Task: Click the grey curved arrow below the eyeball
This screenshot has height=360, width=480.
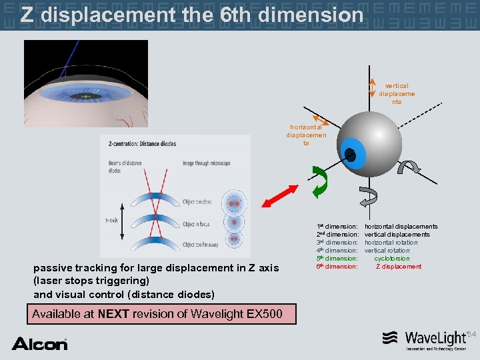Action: click(368, 196)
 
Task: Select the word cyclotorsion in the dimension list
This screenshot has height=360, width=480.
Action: click(392, 259)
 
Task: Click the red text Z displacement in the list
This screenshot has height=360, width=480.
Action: click(399, 267)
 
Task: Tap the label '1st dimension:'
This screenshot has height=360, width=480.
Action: click(337, 227)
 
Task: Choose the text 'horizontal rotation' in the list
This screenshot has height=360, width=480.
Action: click(391, 243)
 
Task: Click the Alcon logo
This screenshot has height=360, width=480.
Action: click(39, 343)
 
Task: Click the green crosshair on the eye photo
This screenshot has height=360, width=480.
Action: click(86, 97)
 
